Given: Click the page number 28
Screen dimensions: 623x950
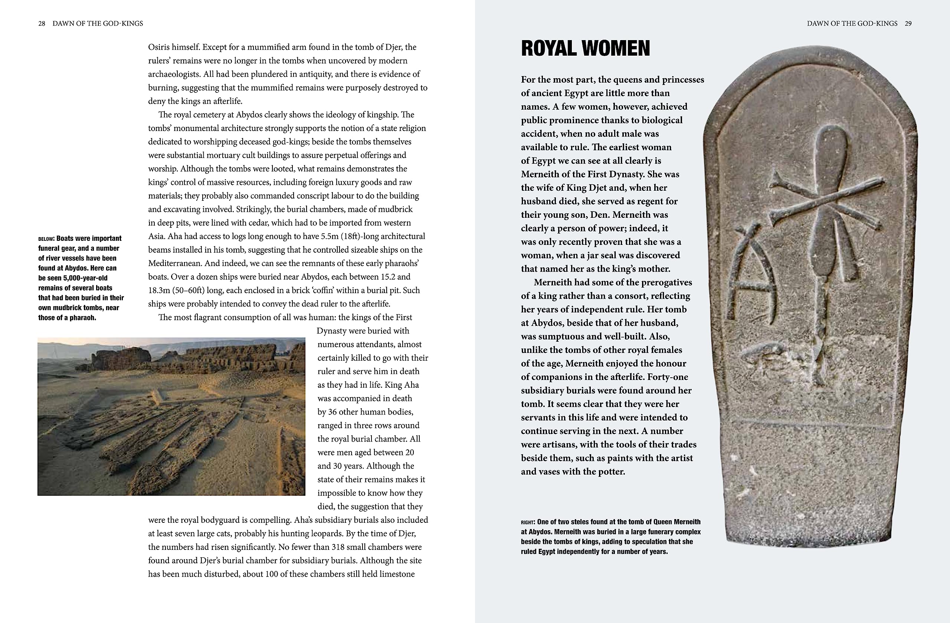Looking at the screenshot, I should click(42, 23).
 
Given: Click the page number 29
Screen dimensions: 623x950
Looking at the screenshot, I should click(908, 23).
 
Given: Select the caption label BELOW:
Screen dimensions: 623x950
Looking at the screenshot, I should click(46, 239).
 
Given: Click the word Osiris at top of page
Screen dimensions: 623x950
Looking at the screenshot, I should click(160, 47).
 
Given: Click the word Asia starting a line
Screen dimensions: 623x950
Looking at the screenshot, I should click(156, 236).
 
